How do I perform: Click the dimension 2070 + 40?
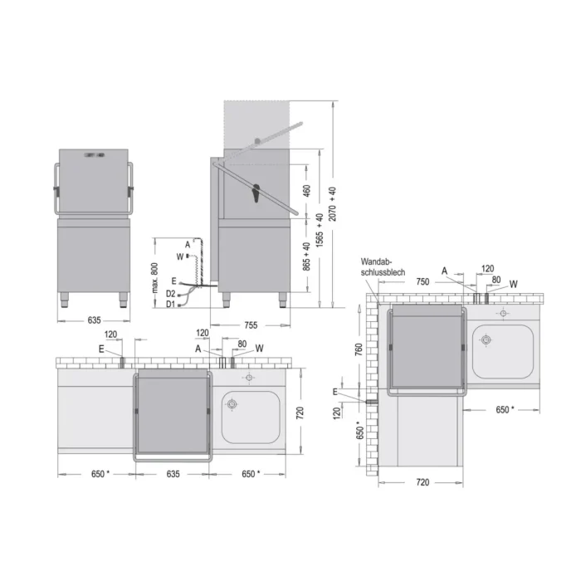pos(333,202)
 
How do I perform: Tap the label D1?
pos(170,305)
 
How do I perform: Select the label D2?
pos(170,294)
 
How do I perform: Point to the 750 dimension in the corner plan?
pos(422,281)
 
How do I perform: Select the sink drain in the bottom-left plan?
pos(232,404)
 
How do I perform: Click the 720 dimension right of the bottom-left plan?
pos(301,410)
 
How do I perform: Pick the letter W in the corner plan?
pos(513,284)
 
